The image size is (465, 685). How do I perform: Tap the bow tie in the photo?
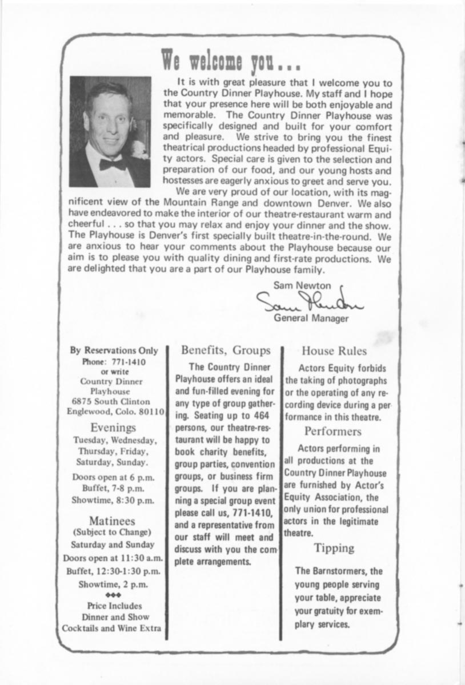pos(113,164)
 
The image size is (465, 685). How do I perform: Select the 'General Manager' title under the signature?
pos(311,318)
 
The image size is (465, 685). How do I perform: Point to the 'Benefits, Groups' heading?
pos(226,350)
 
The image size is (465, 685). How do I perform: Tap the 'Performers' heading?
pos(333,431)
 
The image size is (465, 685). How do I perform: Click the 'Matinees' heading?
pos(112,521)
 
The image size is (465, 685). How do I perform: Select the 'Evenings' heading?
pos(114,427)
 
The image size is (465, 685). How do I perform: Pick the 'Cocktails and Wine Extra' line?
pos(111,628)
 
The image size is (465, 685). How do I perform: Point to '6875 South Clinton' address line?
pos(115,401)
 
